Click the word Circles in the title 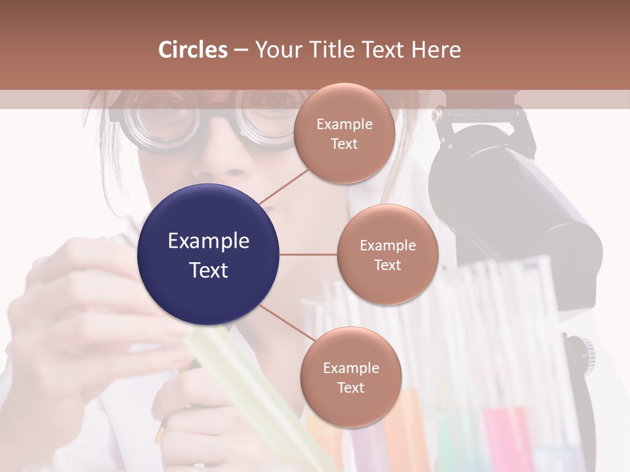pyautogui.click(x=193, y=50)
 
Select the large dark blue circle pyautogui.click(x=209, y=255)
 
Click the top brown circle pyautogui.click(x=344, y=133)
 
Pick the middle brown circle pyautogui.click(x=387, y=254)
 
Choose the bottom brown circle pyautogui.click(x=350, y=377)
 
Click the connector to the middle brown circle pyautogui.click(x=308, y=254)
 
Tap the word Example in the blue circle pyautogui.click(x=209, y=241)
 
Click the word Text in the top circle pyautogui.click(x=344, y=144)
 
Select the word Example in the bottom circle pyautogui.click(x=350, y=368)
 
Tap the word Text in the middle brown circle pyautogui.click(x=387, y=265)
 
